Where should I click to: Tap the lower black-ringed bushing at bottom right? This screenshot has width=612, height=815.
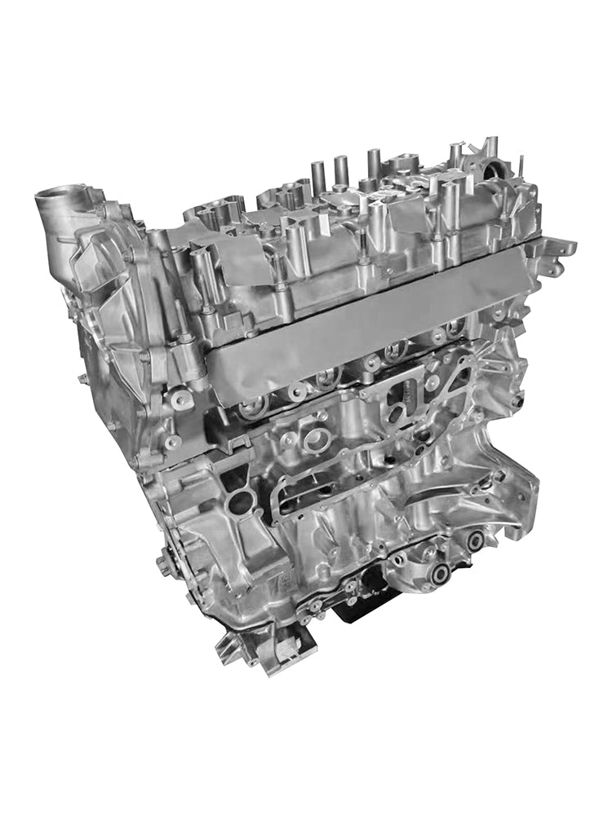[440, 574]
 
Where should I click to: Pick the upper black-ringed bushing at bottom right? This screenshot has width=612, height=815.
[475, 540]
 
